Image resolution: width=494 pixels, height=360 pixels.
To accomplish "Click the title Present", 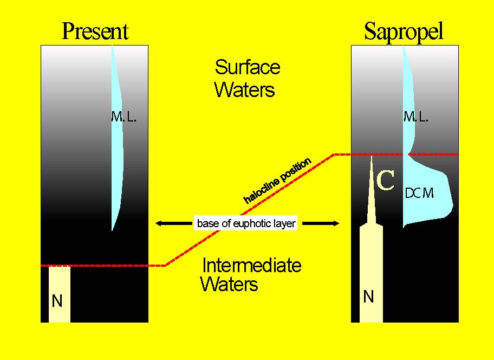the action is [95, 31].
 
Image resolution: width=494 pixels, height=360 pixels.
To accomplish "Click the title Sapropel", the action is [404, 33].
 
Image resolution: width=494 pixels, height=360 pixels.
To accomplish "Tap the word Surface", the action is [248, 67].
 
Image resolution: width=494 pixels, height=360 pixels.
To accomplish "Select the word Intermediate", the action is [252, 265].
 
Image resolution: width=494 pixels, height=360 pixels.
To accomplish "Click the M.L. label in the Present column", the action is [124, 117].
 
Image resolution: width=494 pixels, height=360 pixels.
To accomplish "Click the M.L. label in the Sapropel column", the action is [416, 117].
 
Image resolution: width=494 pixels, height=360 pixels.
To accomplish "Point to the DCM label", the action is [419, 193].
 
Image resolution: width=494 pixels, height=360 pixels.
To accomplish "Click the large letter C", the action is [385, 181].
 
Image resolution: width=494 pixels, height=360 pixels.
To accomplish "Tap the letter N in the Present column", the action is [57, 301].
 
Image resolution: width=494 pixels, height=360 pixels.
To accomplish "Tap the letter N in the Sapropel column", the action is [368, 297].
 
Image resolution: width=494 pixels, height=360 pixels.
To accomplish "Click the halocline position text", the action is [277, 181].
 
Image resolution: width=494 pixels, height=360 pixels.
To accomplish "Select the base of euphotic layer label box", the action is [246, 223].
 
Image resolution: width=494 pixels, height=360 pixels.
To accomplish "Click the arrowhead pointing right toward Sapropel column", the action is [335, 223].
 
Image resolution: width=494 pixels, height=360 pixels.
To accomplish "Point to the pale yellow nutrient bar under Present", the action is [60, 294].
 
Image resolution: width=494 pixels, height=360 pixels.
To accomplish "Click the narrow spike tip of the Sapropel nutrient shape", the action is [372, 156].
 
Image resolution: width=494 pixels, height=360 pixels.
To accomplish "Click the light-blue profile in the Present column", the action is [117, 139].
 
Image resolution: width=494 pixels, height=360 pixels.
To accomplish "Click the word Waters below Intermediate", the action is [229, 284].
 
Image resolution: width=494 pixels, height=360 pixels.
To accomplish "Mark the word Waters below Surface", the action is [245, 89].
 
